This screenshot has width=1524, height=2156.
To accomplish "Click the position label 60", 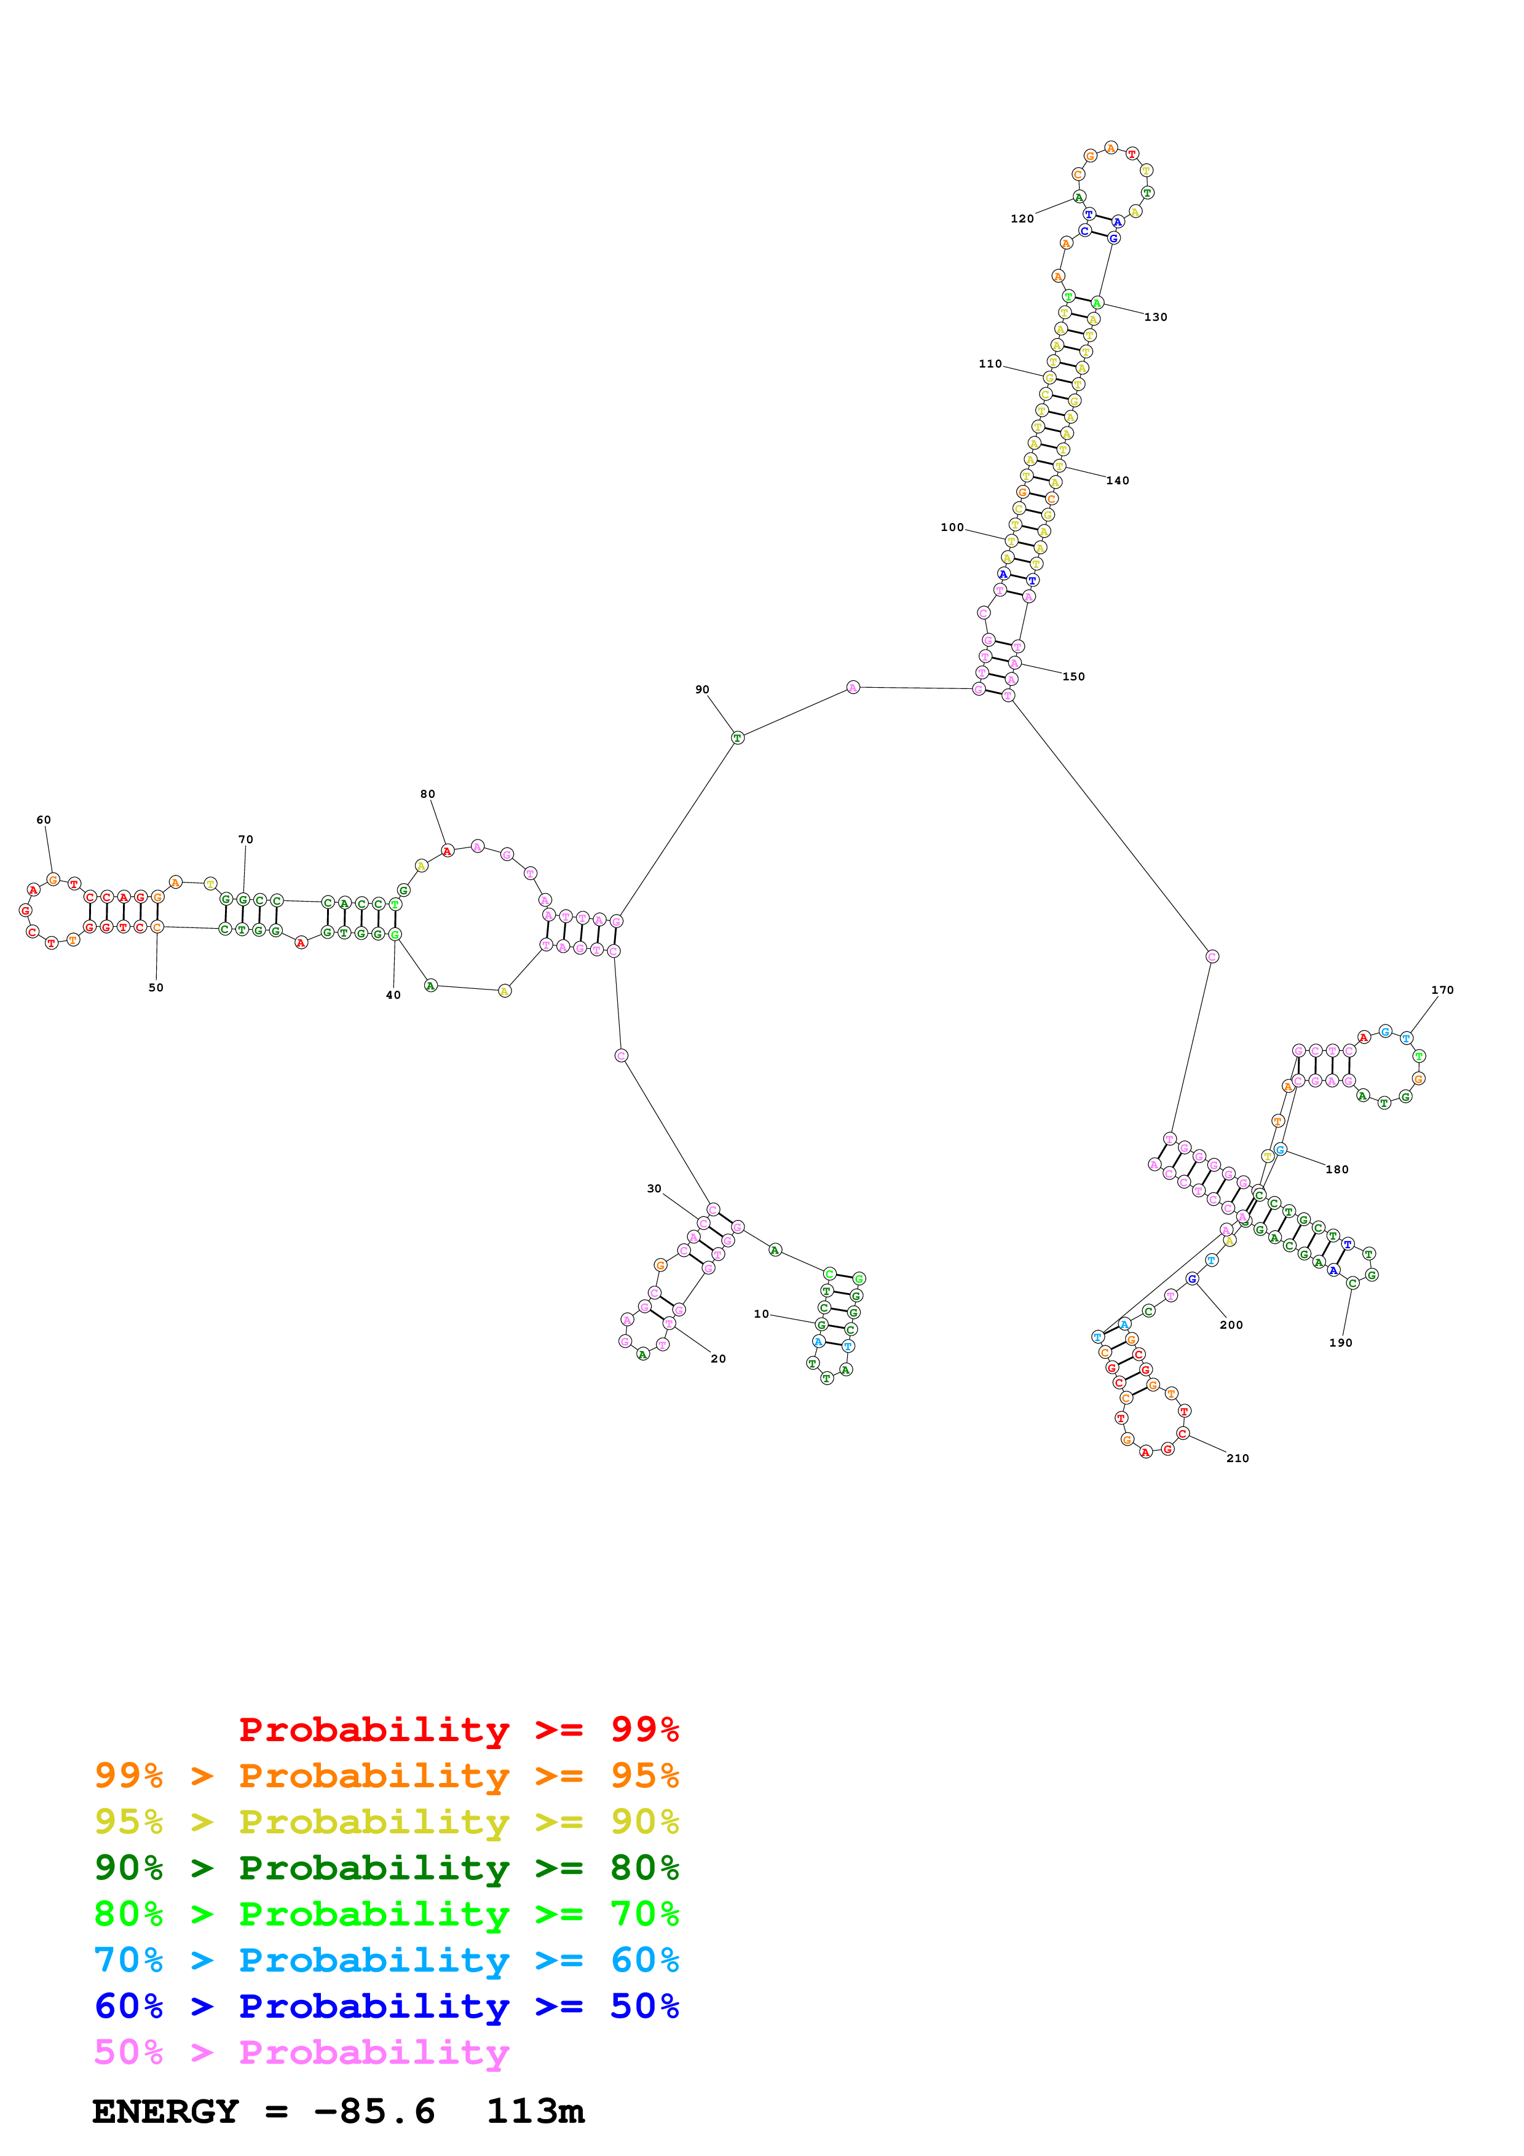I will [x=43, y=820].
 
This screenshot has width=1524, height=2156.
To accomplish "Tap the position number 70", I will [x=245, y=840].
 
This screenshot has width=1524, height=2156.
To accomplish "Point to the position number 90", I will [x=703, y=689].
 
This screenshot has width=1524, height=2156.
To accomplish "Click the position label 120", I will [x=1022, y=219].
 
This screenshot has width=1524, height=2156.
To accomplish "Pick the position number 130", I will [x=1156, y=317].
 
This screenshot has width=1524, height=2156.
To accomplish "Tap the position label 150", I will [x=1073, y=676].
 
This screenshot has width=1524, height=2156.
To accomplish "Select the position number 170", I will [x=1442, y=989].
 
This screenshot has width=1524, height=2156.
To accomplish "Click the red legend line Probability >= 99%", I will [x=458, y=1729].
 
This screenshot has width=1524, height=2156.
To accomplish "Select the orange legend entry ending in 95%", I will [x=386, y=1776].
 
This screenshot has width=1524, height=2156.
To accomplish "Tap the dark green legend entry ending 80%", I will [x=386, y=1868].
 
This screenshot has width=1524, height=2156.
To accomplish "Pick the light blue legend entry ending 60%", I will [x=386, y=1960].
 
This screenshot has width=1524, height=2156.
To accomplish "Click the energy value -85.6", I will [x=374, y=2112].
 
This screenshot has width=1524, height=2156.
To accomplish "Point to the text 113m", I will [x=535, y=2112].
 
